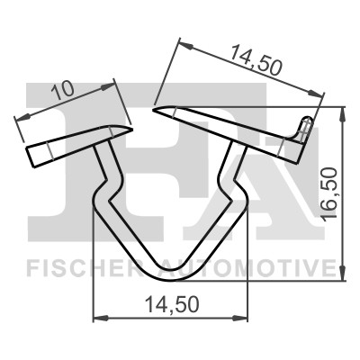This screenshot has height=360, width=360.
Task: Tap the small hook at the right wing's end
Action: coord(305,127)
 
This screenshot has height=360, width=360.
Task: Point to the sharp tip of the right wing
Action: coord(156,111)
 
